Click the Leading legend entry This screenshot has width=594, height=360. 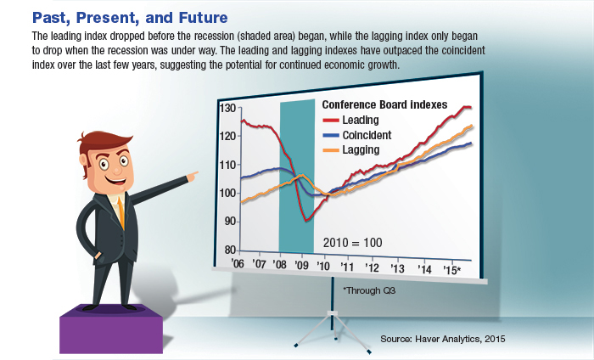pos(360,120)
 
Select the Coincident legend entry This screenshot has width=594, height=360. pos(367,135)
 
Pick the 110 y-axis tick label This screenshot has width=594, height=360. pos(227,165)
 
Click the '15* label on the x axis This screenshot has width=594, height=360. pos(451,270)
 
